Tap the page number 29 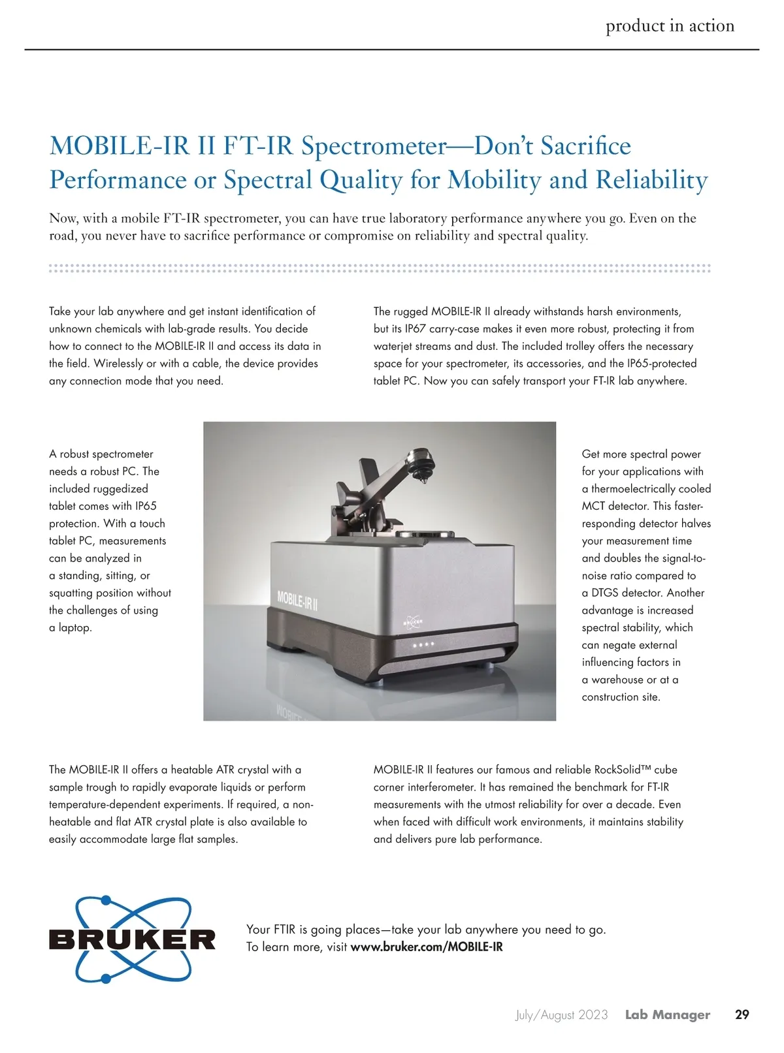click(x=742, y=1014)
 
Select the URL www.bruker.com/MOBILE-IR click(x=427, y=947)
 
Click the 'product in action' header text click(x=670, y=25)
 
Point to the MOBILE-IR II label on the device click(x=297, y=599)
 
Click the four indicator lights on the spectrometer click(x=422, y=644)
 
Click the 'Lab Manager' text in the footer click(x=667, y=1014)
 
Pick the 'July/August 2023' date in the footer click(x=561, y=1014)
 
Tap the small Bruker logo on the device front click(x=413, y=621)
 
